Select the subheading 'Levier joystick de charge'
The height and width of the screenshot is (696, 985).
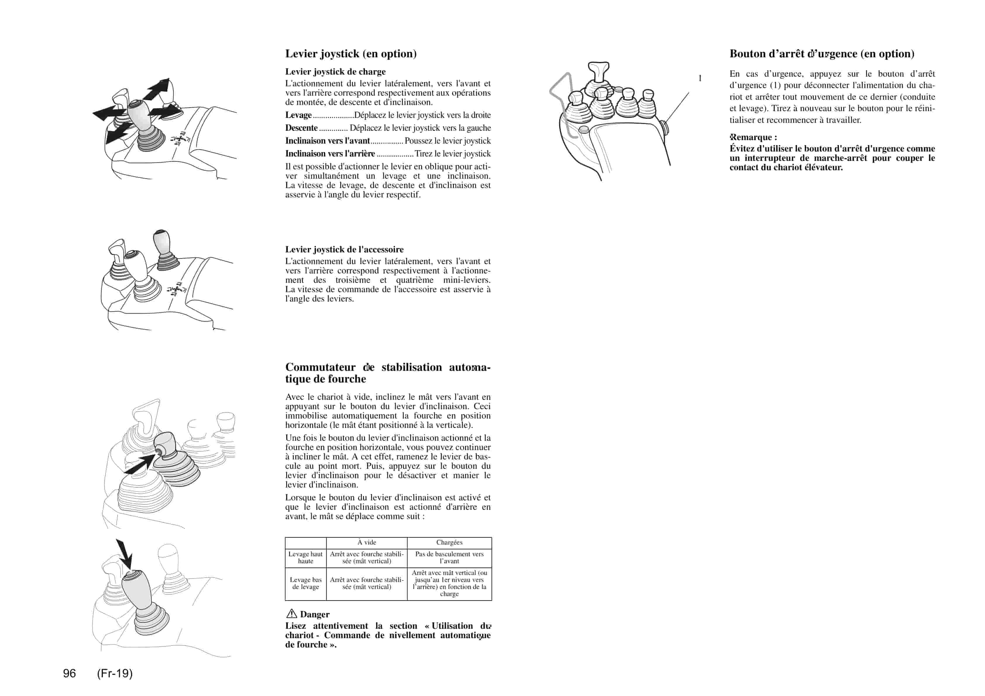[x=335, y=72]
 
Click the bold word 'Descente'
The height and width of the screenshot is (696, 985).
[x=302, y=128]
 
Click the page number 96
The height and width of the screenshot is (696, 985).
[x=70, y=673]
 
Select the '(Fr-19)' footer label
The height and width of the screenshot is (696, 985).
[x=115, y=673]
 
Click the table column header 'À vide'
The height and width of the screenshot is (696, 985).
[x=366, y=542]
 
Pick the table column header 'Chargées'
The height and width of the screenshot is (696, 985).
[x=449, y=542]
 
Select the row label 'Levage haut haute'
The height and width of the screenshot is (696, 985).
[x=305, y=557]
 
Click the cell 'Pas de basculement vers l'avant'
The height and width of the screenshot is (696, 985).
[x=449, y=557]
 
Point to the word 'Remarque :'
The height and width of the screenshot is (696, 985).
[x=753, y=137]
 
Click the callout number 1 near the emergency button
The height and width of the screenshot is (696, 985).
[x=700, y=78]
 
